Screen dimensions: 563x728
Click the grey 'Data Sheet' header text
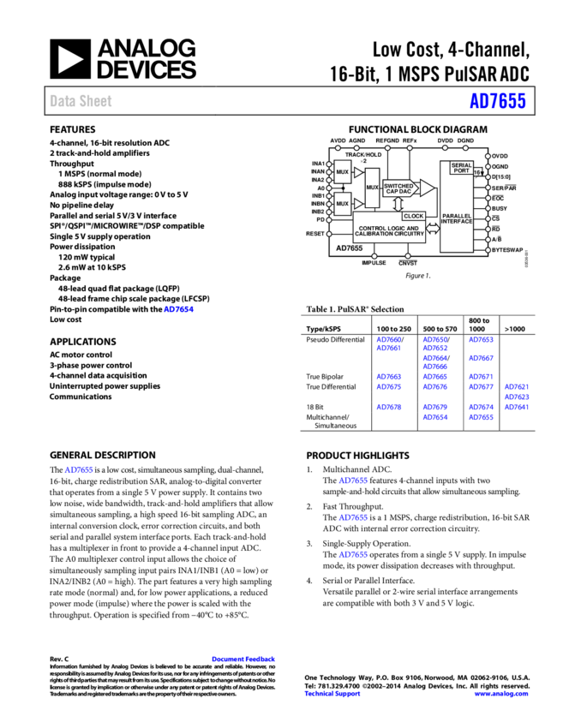[x=81, y=101]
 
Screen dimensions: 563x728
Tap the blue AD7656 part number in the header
[x=497, y=101]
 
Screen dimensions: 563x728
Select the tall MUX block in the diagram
[x=372, y=188]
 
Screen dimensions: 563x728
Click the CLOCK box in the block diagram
[x=413, y=216]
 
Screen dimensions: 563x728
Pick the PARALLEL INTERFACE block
[x=457, y=221]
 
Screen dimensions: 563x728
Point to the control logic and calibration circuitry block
[x=396, y=231]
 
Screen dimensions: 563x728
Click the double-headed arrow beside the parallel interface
[x=433, y=229]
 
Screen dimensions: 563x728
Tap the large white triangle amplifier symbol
[x=426, y=188]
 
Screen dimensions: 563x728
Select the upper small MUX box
[x=343, y=172]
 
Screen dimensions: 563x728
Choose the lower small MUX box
[x=343, y=204]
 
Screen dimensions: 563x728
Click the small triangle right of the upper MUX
[x=358, y=172]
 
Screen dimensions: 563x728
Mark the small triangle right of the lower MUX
[x=358, y=204]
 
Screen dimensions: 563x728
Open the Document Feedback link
[x=243, y=659]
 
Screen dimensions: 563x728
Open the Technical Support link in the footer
[x=332, y=694]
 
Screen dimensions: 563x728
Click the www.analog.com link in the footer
[x=501, y=694]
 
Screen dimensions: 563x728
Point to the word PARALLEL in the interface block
[x=457, y=216]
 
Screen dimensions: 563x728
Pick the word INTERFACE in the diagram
[x=457, y=222]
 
